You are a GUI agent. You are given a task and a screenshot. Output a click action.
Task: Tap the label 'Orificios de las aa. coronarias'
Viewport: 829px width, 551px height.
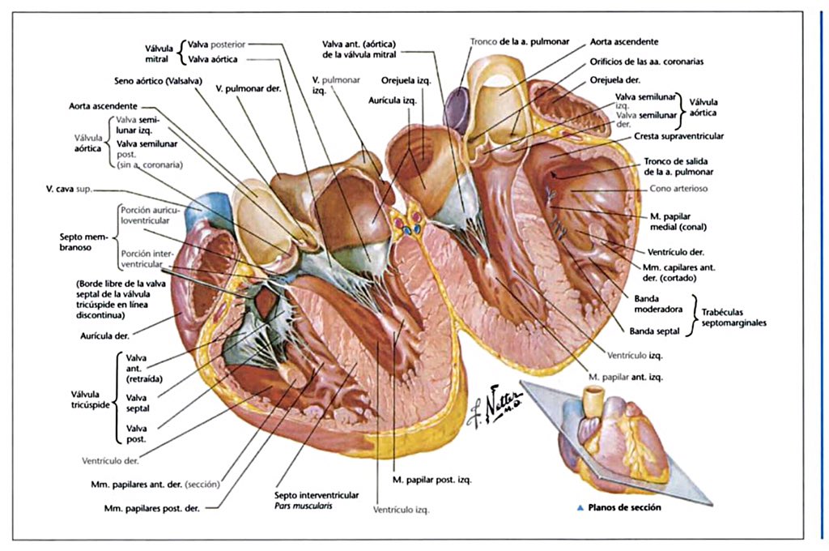[657, 61]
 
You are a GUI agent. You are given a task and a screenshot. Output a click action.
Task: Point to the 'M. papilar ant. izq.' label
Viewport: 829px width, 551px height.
[626, 377]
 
